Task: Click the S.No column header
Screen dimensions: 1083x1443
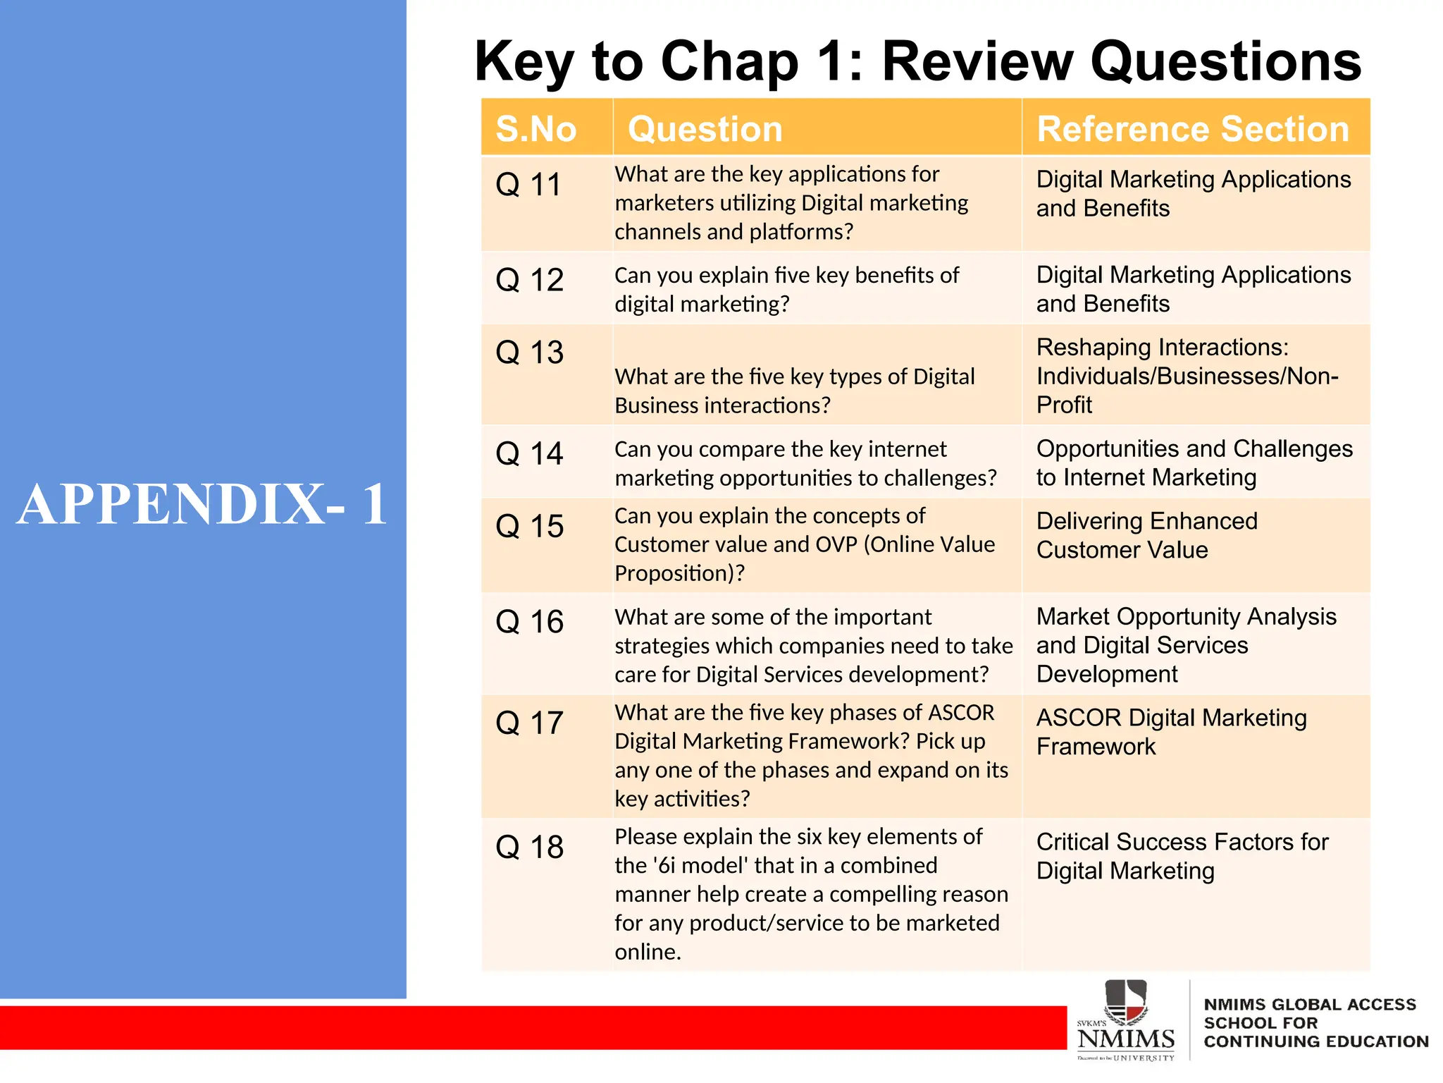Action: (535, 130)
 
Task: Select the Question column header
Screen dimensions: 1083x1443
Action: (705, 130)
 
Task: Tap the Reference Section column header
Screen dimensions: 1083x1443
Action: (1192, 130)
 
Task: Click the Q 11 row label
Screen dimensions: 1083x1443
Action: (528, 185)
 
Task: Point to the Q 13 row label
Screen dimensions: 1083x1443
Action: (529, 353)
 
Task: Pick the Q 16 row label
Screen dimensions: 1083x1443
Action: (529, 622)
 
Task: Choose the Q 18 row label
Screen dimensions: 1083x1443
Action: (529, 848)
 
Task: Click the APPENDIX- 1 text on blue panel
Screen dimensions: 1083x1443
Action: (203, 504)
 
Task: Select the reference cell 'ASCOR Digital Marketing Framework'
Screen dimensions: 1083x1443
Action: (1171, 732)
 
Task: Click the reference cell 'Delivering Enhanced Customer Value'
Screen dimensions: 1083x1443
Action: (1146, 535)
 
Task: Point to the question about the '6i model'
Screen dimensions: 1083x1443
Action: (810, 893)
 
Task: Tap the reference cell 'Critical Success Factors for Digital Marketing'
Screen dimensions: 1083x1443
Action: (1182, 856)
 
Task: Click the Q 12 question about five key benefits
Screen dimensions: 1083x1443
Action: (786, 289)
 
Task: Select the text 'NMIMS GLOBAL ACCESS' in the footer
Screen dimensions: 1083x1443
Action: (1309, 1004)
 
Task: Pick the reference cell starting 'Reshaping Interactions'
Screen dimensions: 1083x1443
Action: (1187, 376)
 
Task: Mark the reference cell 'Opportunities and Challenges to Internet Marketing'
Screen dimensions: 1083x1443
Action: (1194, 463)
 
